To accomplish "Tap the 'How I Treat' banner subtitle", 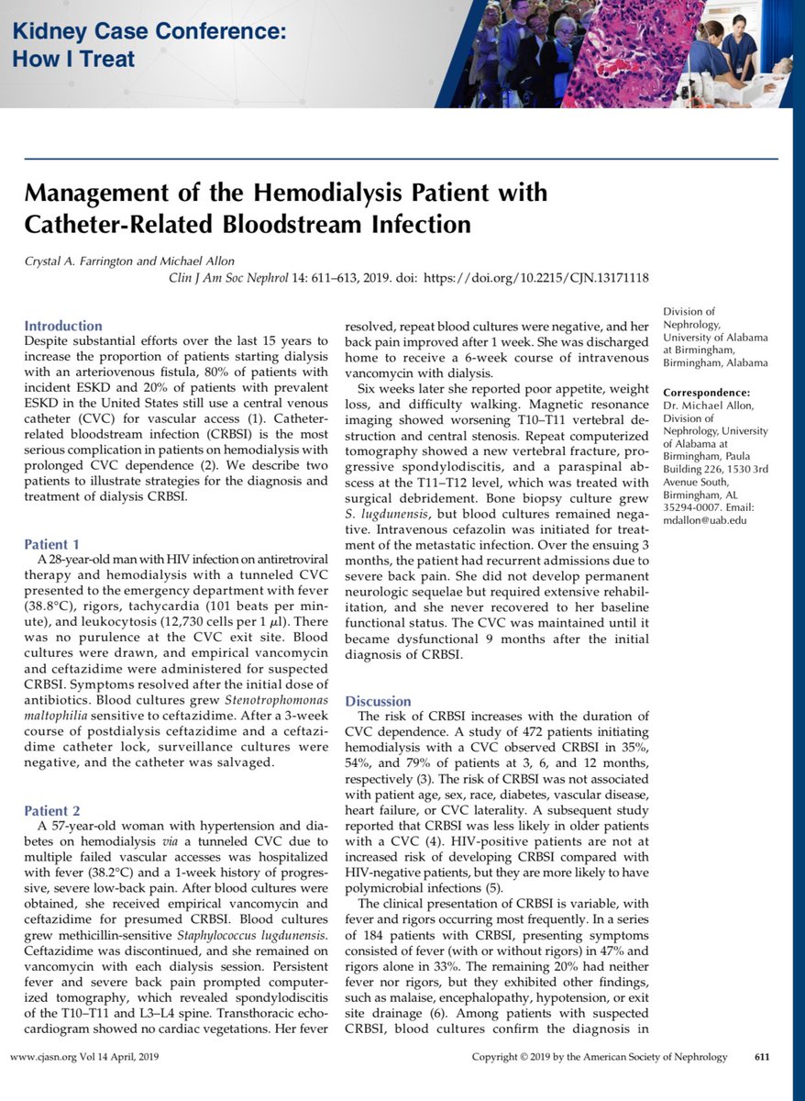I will point(73,60).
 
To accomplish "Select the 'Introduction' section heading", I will point(63,326).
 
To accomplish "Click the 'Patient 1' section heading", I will point(52,543).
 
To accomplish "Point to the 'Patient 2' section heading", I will point(52,811).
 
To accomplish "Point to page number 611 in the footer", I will point(761,1057).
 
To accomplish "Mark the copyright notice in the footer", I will point(599,1057).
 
